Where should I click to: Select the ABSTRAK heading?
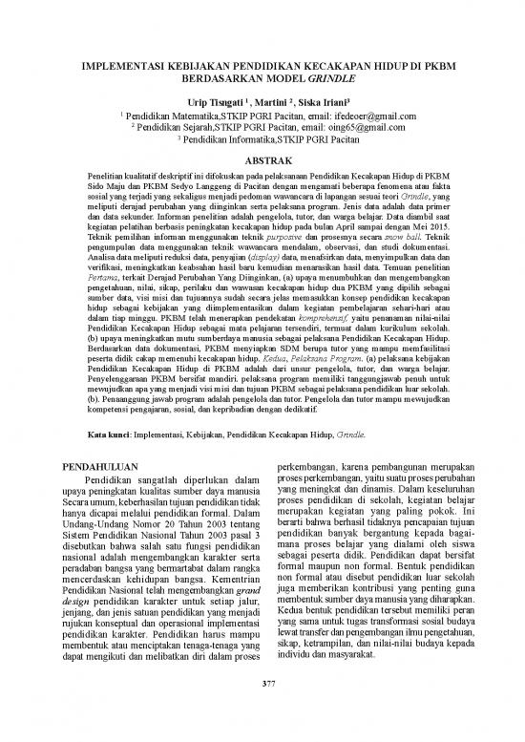point(262,159)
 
